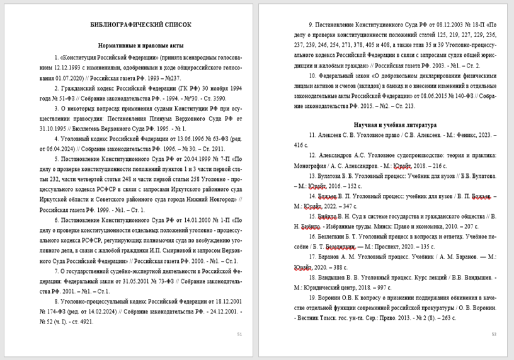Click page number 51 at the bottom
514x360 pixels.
pyautogui.click(x=238, y=334)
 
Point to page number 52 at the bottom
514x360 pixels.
pyautogui.click(x=494, y=334)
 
